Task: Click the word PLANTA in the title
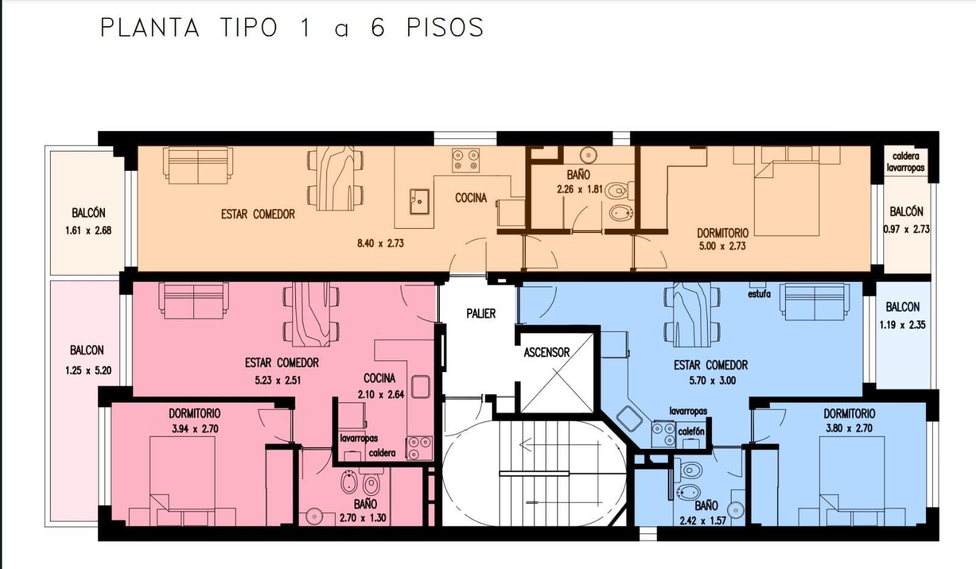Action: pyautogui.click(x=149, y=27)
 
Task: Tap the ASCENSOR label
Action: pyautogui.click(x=547, y=352)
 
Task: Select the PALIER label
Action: pyautogui.click(x=481, y=313)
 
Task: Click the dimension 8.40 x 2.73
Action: pyautogui.click(x=381, y=243)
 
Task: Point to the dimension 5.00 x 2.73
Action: pyautogui.click(x=722, y=246)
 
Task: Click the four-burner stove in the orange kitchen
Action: pyautogui.click(x=465, y=160)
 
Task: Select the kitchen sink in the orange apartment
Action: pyautogui.click(x=419, y=201)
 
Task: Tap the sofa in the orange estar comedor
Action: pyautogui.click(x=198, y=165)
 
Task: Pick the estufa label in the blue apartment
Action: pyautogui.click(x=759, y=294)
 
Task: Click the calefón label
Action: pyautogui.click(x=691, y=431)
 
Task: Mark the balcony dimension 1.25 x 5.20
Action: pyautogui.click(x=88, y=370)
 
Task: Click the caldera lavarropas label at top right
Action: pyautogui.click(x=905, y=162)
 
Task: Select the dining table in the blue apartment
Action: pyautogui.click(x=692, y=315)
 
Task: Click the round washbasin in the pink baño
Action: pyautogui.click(x=314, y=517)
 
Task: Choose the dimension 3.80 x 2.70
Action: pyautogui.click(x=849, y=428)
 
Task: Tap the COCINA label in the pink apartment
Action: pyautogui.click(x=379, y=378)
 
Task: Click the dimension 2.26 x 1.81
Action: pyautogui.click(x=579, y=190)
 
